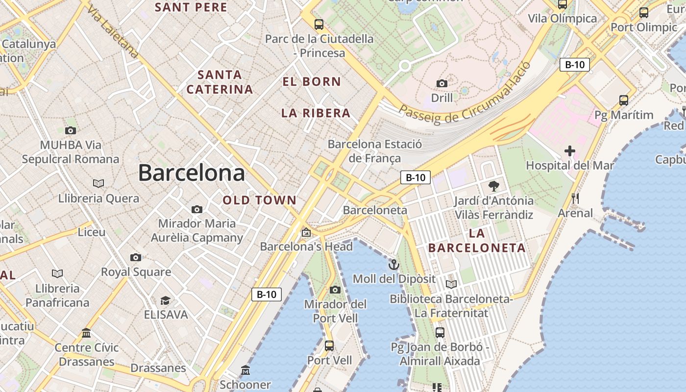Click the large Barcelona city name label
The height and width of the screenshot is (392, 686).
[x=191, y=173]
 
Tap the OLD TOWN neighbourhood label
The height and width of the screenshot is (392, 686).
[x=260, y=200]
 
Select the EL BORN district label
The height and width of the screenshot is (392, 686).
[x=312, y=82]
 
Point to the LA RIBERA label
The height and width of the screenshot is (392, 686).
[x=316, y=113]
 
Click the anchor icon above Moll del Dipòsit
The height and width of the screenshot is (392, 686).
[x=394, y=265]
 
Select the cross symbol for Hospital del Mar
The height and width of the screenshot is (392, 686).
[x=569, y=151]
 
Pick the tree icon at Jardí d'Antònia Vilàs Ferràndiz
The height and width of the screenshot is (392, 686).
[x=493, y=186]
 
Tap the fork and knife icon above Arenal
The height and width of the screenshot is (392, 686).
[x=575, y=198]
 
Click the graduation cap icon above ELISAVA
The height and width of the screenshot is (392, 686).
[x=166, y=300]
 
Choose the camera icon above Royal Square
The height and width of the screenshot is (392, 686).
[x=136, y=257]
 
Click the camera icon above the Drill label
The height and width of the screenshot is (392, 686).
[x=442, y=83]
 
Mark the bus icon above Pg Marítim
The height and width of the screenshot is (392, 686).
[x=624, y=100]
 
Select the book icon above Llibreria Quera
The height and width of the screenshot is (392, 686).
[x=98, y=183]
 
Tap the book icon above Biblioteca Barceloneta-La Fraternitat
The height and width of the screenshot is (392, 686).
[x=451, y=284]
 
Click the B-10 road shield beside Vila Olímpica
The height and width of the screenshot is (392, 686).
[x=574, y=64]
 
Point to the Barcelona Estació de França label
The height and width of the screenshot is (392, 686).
[x=374, y=151]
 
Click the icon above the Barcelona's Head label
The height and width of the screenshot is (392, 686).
[x=306, y=232]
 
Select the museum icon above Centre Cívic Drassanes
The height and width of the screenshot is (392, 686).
[x=87, y=333]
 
